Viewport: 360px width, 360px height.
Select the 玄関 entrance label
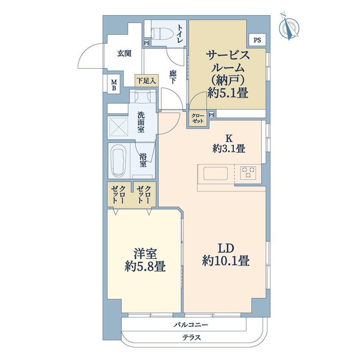point(124,54)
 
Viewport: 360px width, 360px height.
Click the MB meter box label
point(114,85)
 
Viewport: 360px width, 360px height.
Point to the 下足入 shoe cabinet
point(146,80)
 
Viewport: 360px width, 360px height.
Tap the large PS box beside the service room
point(257,40)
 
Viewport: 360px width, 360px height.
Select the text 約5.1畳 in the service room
point(227,93)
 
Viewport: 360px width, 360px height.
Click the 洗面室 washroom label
point(141,122)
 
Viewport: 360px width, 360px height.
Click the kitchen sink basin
point(216,174)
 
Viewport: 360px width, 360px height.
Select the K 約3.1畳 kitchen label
point(229,144)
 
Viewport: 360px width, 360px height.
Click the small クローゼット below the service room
point(198,119)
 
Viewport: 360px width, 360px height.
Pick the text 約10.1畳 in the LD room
point(226,261)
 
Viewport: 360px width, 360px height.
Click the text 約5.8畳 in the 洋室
point(145,267)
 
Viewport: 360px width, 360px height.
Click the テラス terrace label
point(192,337)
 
